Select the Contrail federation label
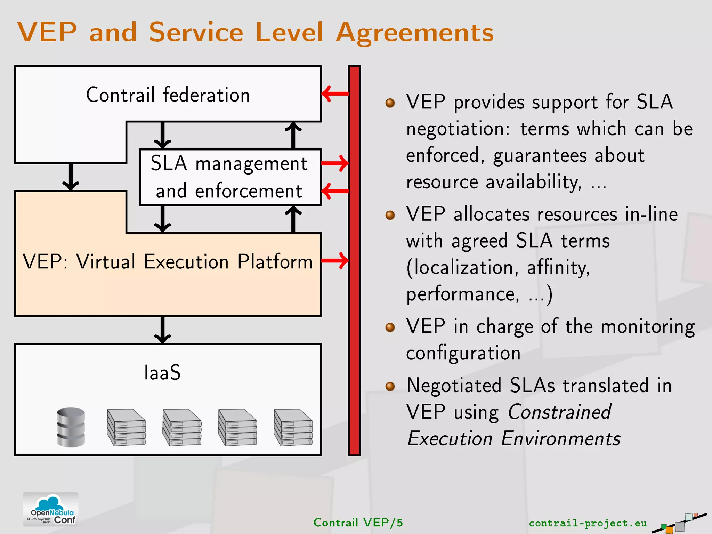coord(168,95)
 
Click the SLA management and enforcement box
coord(229,177)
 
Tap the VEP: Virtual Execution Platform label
coord(168,261)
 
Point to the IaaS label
coord(162,373)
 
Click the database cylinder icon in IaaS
coord(71,427)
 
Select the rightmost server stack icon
coord(293,427)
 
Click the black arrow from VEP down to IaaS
coord(162,330)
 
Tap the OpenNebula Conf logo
coord(51,509)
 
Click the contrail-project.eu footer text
coord(588,523)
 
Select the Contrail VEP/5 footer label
coord(358,523)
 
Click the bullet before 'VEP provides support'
coord(390,103)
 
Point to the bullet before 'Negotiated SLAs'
coord(390,386)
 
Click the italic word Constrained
coord(559,412)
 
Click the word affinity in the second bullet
coord(558,268)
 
